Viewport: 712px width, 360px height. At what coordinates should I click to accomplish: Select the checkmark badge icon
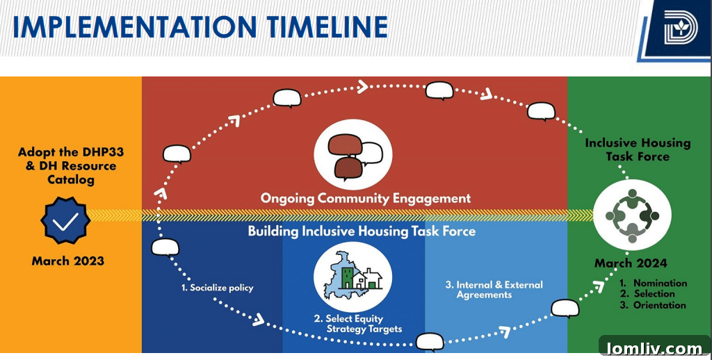pos(65,222)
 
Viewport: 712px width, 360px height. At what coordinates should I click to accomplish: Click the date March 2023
pos(67,261)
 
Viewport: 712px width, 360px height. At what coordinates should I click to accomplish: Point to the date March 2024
pos(631,263)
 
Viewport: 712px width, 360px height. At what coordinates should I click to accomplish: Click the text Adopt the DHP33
pos(67,152)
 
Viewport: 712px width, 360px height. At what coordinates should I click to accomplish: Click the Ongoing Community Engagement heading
pos(366,198)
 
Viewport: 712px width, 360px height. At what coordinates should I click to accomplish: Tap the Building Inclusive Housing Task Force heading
pos(362,231)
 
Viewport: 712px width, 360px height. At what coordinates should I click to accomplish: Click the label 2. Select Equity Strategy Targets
pos(357,324)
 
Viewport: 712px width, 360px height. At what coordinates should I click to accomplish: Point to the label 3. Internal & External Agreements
pos(494,290)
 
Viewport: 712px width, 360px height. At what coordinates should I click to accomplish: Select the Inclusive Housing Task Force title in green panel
pos(638,149)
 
